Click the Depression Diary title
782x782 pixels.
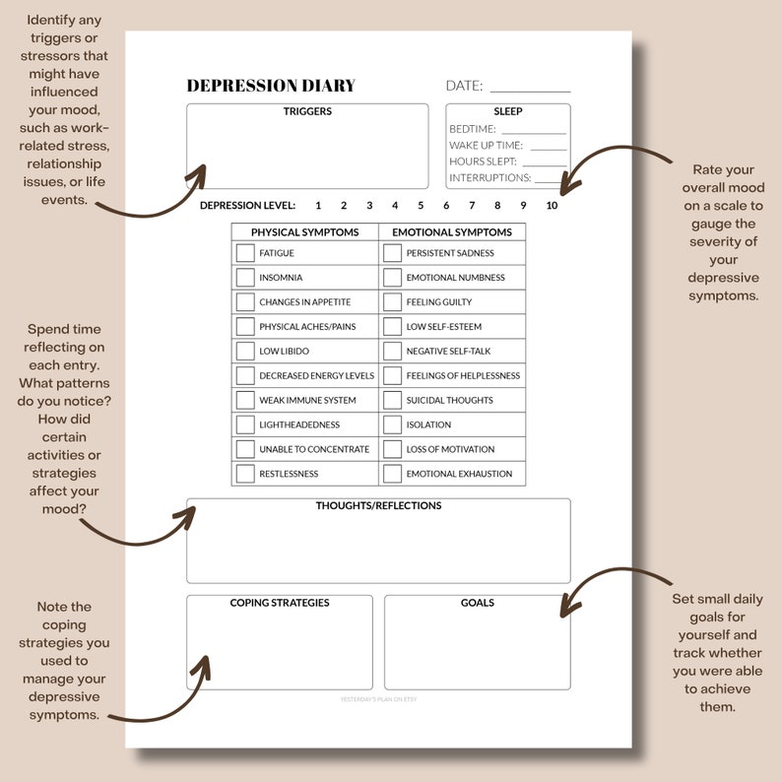271,86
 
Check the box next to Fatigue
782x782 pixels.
245,253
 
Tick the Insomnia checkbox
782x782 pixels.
245,278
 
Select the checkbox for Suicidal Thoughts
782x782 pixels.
392,401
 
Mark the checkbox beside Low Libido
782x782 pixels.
245,352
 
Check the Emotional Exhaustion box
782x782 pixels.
392,474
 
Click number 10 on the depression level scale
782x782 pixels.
552,206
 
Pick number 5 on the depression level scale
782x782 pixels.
421,206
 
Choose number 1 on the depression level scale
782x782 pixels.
318,206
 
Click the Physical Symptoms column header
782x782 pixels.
304,232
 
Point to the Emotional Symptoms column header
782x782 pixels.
452,232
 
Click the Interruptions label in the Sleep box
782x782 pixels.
489,178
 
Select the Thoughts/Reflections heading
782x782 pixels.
378,506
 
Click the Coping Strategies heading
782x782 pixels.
280,603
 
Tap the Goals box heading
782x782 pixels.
478,603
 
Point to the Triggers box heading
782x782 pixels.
307,111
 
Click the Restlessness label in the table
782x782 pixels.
290,474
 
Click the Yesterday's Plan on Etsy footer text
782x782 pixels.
378,699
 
